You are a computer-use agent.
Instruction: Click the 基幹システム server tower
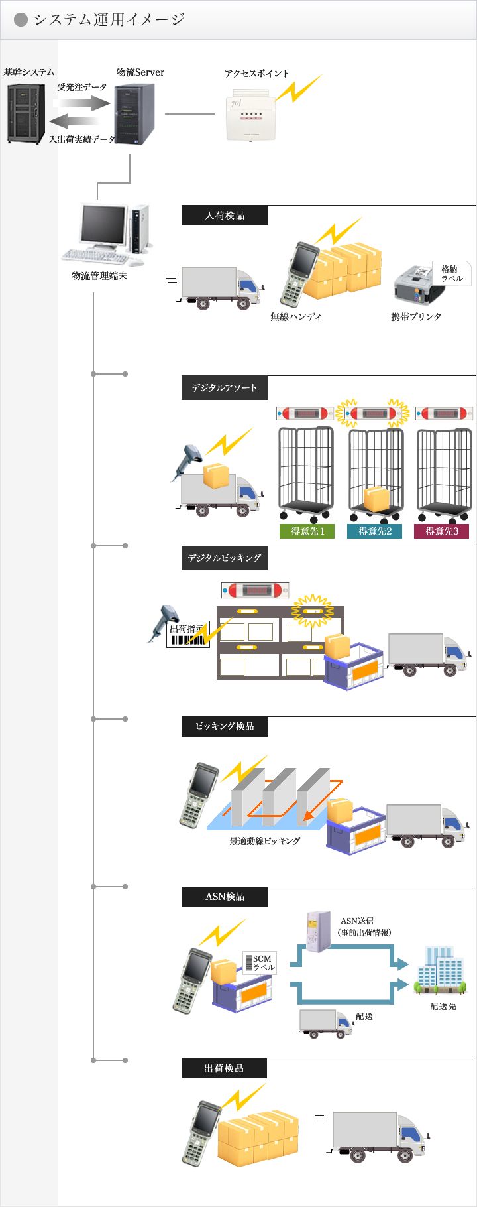pyautogui.click(x=26, y=113)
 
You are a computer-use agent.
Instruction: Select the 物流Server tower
pyautogui.click(x=134, y=114)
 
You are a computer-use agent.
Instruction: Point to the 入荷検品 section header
pyautogui.click(x=225, y=216)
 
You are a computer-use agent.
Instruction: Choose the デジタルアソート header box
pyautogui.click(x=225, y=388)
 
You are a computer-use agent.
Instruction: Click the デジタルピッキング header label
pyautogui.click(x=225, y=558)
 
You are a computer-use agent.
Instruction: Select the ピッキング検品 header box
pyautogui.click(x=225, y=726)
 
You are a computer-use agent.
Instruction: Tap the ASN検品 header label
pyautogui.click(x=225, y=897)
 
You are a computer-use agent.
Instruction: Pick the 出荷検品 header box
pyautogui.click(x=225, y=1068)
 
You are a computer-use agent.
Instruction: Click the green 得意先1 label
pyautogui.click(x=307, y=531)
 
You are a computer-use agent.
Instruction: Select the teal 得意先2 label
pyautogui.click(x=375, y=531)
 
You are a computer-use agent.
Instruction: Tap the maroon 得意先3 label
pyautogui.click(x=442, y=531)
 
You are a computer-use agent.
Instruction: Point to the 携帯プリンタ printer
pyautogui.click(x=415, y=286)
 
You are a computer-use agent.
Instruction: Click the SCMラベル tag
pyautogui.click(x=262, y=963)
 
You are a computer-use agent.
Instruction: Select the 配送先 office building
pyautogui.click(x=441, y=971)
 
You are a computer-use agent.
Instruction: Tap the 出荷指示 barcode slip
pyautogui.click(x=187, y=635)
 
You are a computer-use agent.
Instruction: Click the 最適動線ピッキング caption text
pyautogui.click(x=265, y=841)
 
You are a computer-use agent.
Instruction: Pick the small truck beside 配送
pyautogui.click(x=325, y=1023)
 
